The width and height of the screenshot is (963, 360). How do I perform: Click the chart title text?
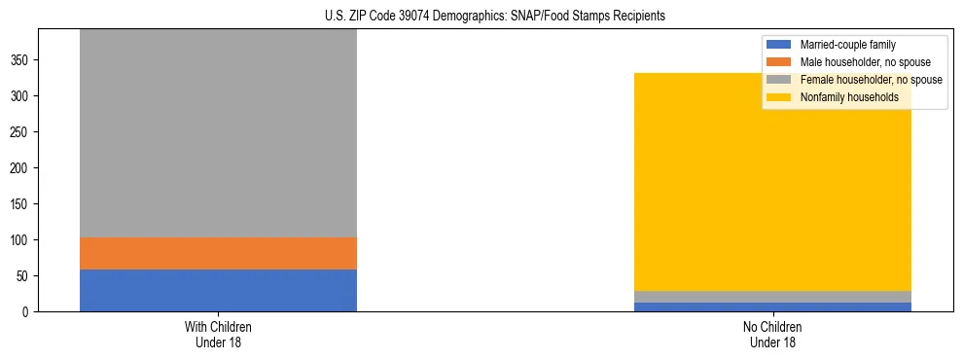coord(481,17)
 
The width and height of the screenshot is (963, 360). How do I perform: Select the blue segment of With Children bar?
coord(218,290)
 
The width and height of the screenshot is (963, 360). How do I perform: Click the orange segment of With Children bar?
coord(218,253)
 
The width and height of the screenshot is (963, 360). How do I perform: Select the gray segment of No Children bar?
coord(772,297)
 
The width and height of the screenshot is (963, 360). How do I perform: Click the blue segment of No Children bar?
coord(772,307)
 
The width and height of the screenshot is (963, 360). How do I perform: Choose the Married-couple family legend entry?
coord(845,45)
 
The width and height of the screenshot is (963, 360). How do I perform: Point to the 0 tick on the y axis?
coord(28,312)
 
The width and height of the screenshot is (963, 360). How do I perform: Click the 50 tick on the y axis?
coord(24,276)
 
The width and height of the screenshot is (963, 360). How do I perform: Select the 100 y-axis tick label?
coord(21,240)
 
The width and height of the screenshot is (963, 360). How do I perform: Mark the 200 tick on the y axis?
coord(21,168)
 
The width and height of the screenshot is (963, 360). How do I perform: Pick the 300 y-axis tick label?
coord(21,96)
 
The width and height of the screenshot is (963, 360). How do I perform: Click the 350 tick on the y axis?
coord(21,60)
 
